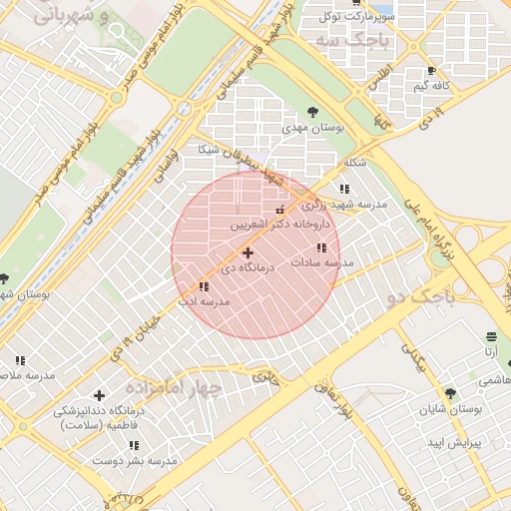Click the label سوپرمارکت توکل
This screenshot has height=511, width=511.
(356, 17)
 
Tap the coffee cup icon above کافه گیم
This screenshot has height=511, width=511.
(431, 71)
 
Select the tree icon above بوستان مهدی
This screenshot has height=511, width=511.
(312, 112)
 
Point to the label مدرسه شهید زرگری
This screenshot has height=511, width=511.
(344, 204)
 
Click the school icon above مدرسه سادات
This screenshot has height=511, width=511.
(320, 248)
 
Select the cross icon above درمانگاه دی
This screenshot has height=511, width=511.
(248, 254)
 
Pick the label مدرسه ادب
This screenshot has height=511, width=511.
(205, 300)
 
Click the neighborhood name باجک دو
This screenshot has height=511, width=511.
(420, 296)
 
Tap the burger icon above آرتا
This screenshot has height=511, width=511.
(490, 336)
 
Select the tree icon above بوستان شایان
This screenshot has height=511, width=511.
(450, 393)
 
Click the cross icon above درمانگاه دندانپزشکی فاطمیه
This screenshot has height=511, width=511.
(98, 395)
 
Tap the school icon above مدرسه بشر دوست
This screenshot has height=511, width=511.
(134, 446)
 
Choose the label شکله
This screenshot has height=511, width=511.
(354, 163)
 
